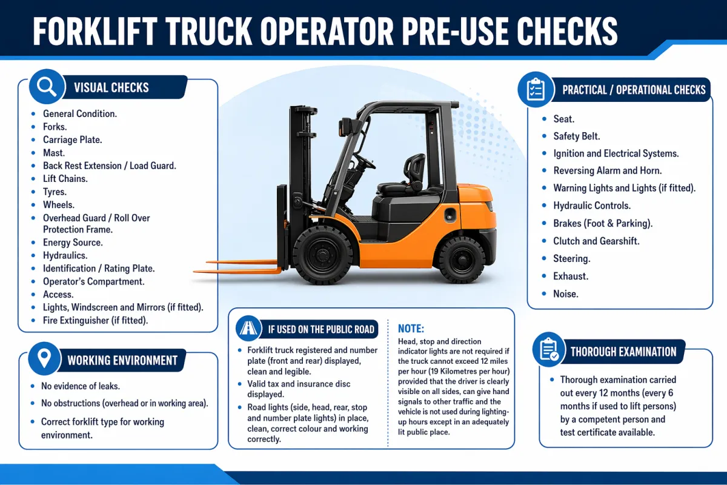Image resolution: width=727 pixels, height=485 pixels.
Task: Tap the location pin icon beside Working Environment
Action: (44, 360)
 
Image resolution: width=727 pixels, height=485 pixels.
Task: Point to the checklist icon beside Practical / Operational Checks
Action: (536, 90)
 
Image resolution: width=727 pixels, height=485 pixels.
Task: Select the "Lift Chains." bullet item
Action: (65, 179)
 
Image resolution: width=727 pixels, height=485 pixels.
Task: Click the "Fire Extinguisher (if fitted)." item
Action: (95, 320)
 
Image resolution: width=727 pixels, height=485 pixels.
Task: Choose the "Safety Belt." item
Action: (576, 136)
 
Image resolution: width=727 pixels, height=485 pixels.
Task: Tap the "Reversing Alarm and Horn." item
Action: (607, 171)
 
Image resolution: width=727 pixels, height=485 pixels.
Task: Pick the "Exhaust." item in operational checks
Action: (570, 276)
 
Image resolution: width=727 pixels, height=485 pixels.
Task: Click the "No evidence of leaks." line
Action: (80, 386)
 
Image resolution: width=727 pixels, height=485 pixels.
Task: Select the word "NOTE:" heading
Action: (411, 329)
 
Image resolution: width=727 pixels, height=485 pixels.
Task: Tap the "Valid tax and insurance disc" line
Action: (299, 384)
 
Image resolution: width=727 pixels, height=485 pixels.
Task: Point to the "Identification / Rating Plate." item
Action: (98, 269)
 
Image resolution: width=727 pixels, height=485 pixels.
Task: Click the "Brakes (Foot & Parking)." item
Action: (603, 224)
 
